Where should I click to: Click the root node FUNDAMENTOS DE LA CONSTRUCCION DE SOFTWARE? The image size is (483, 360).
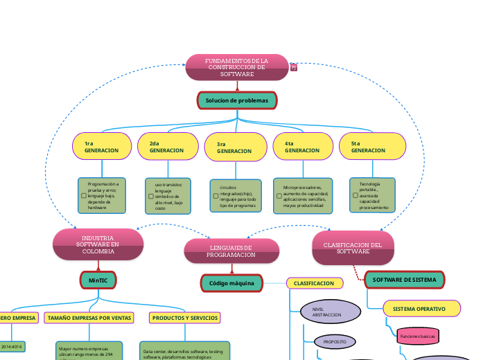click(x=237, y=67)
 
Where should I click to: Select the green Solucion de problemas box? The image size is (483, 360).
click(x=237, y=100)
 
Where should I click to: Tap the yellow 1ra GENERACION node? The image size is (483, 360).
click(x=101, y=147)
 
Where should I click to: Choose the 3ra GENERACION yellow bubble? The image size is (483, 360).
click(x=236, y=147)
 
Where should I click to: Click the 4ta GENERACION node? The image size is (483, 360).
click(x=303, y=147)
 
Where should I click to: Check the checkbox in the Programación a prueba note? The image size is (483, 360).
click(x=84, y=196)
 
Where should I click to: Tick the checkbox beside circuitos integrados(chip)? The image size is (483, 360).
click(x=216, y=197)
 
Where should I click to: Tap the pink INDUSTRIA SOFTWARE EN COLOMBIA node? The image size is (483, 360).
click(x=98, y=244)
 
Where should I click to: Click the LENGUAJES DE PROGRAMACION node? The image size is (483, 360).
click(x=231, y=251)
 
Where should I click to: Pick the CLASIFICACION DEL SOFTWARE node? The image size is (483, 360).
click(x=353, y=248)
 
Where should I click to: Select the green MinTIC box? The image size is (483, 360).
click(x=98, y=280)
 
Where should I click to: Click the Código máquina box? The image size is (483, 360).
click(x=231, y=282)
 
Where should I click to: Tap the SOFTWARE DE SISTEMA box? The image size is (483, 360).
click(x=404, y=280)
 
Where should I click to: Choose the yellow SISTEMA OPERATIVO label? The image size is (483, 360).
click(x=421, y=308)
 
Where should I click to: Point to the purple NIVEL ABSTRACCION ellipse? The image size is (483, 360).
click(x=331, y=312)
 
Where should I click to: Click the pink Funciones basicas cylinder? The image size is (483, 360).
click(x=417, y=336)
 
